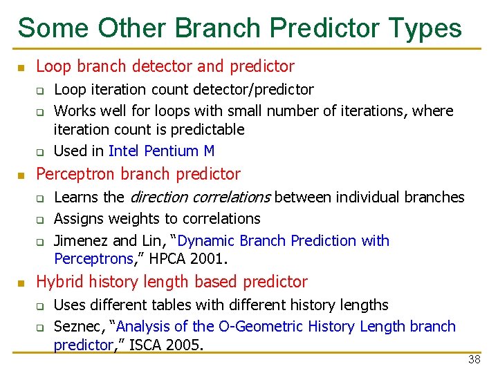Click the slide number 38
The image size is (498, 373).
coord(474,359)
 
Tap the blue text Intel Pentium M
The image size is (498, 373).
coord(162,151)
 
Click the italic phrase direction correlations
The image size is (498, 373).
coord(200,198)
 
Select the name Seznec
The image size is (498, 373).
coord(75,327)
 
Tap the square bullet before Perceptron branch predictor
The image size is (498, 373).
coord(21,175)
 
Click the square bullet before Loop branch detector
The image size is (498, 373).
coord(21,68)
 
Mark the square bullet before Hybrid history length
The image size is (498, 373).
coord(21,283)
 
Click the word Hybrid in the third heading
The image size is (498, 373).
coord(59,282)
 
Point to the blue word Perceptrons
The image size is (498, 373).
coord(93,260)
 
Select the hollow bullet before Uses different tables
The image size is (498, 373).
coord(40,306)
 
